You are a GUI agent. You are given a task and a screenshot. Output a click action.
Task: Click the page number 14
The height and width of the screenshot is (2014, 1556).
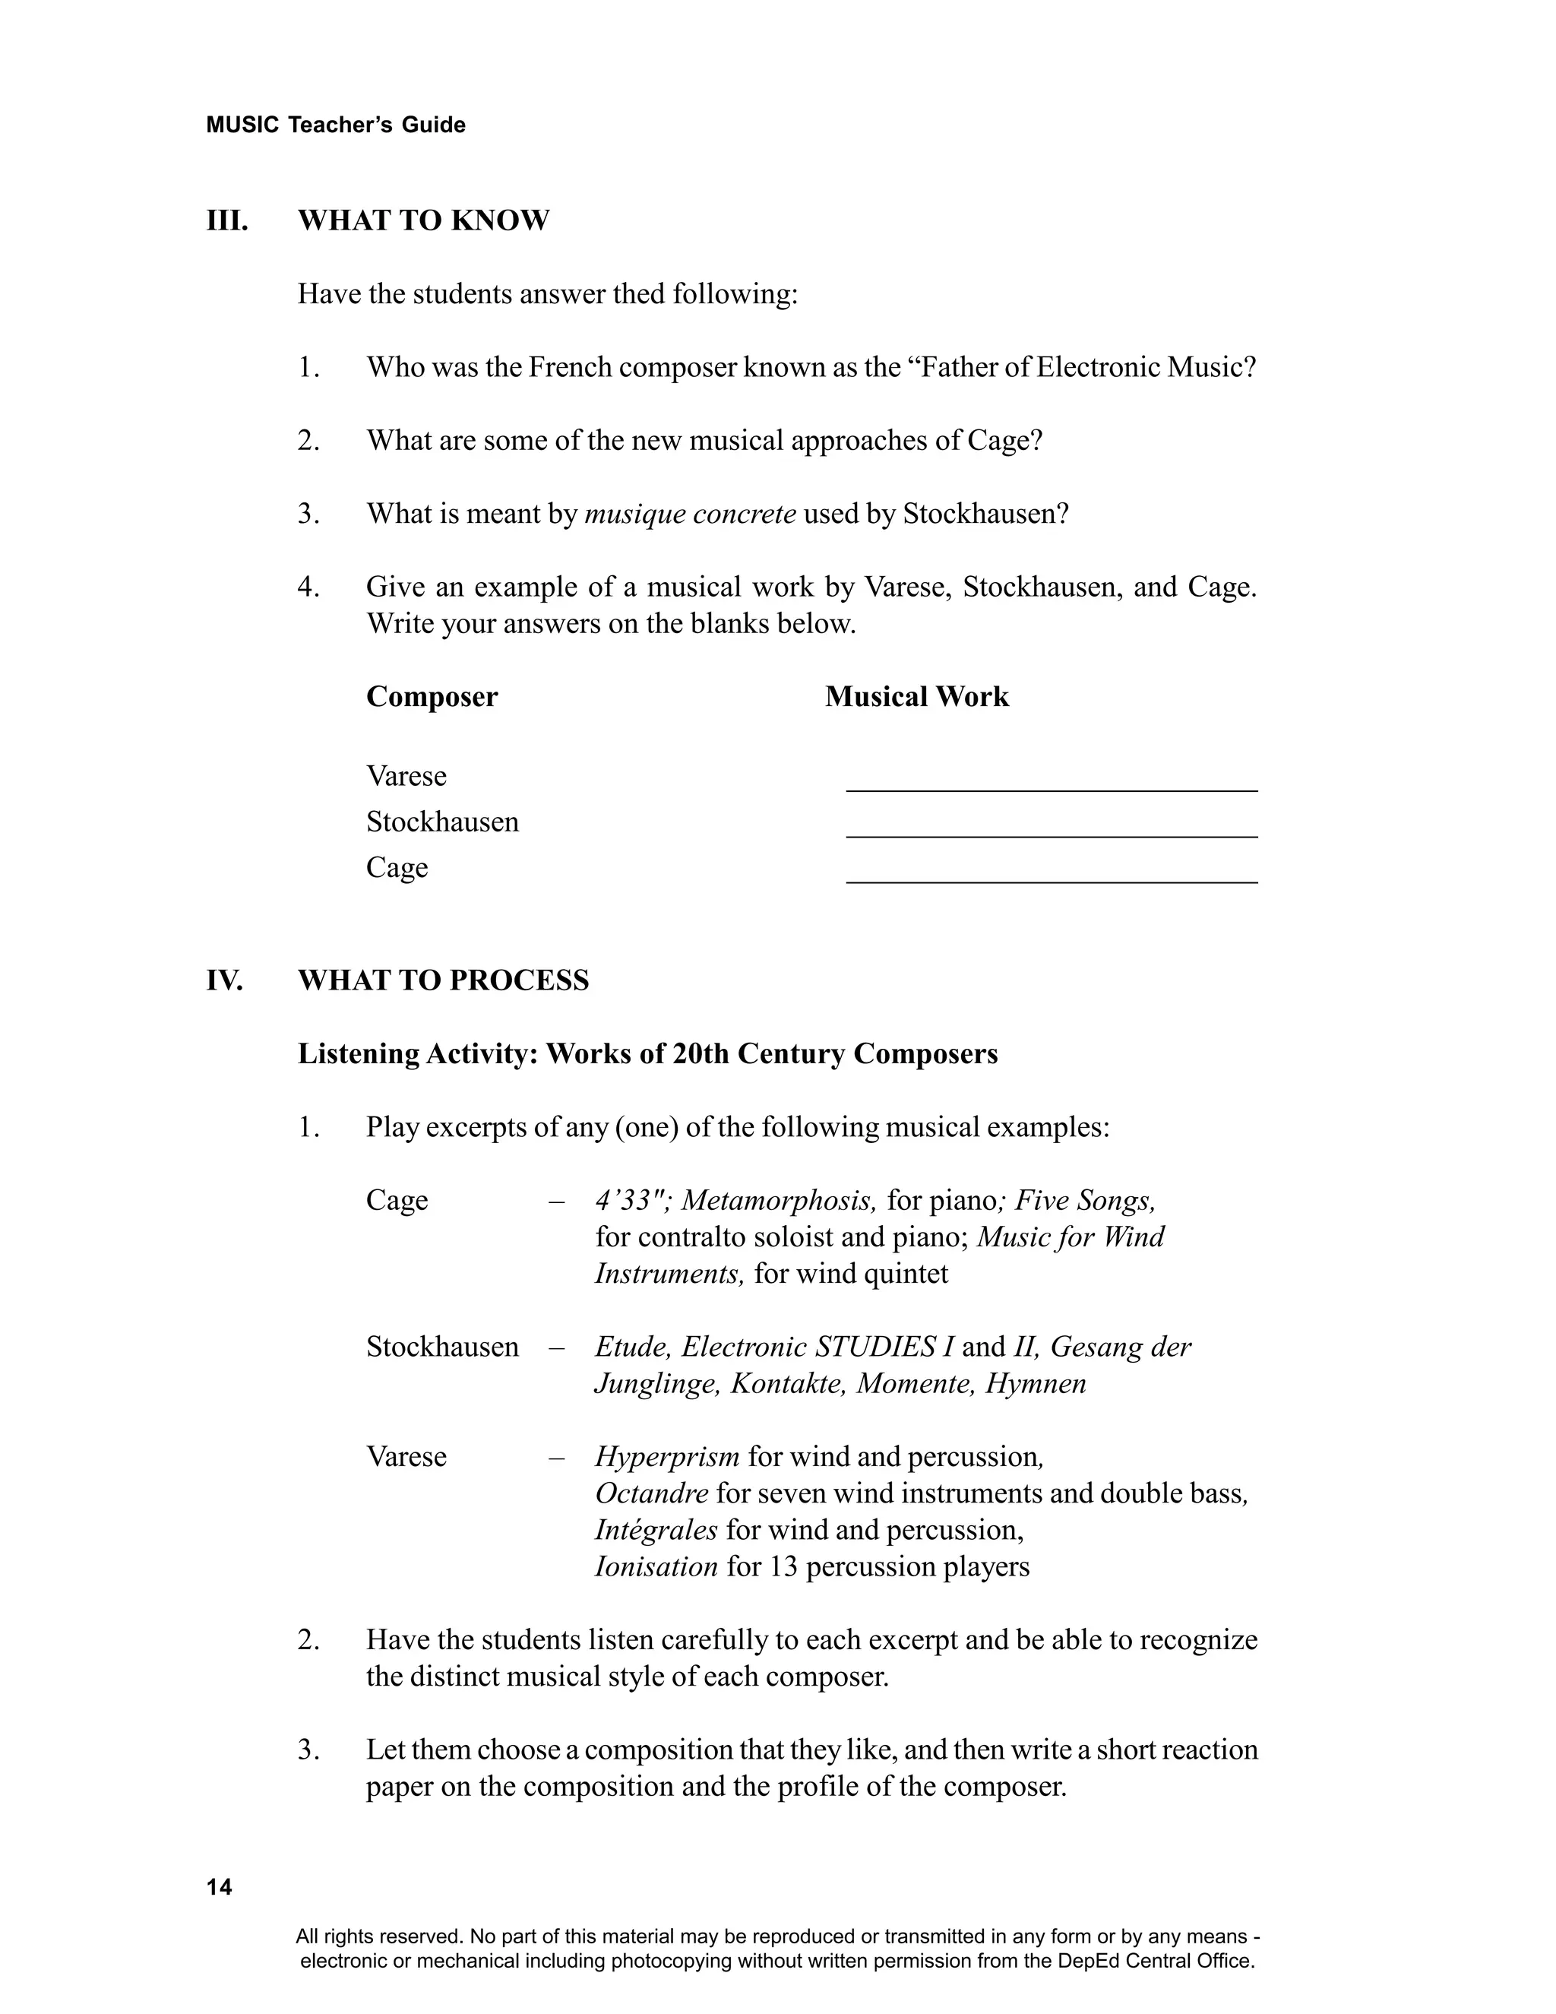pos(220,1888)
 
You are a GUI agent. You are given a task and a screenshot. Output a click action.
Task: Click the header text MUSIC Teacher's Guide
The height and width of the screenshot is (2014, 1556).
pos(336,125)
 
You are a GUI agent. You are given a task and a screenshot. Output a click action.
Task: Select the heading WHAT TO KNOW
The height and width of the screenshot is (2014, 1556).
pos(423,221)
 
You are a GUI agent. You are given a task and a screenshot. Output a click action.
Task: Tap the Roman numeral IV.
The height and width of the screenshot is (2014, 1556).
pos(224,980)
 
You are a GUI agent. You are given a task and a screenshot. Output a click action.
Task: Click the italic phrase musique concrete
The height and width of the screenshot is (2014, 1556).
pos(691,515)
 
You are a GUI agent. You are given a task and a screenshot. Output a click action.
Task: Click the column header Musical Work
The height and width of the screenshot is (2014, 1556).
pos(916,697)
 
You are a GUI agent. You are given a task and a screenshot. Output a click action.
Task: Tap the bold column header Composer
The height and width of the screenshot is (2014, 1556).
pos(432,697)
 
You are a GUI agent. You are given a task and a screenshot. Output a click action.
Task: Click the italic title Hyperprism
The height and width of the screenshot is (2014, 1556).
pos(666,1457)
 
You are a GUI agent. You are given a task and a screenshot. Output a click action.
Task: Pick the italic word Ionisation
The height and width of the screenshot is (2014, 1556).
pos(656,1567)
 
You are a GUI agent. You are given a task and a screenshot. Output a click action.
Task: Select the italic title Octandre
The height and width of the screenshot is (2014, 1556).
pos(651,1494)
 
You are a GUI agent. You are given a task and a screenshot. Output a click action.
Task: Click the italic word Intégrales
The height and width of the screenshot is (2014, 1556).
pos(656,1531)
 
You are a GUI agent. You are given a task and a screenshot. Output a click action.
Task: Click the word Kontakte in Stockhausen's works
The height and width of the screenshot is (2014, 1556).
pos(787,1384)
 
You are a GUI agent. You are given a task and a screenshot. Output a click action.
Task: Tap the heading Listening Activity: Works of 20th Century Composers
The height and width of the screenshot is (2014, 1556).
pos(647,1054)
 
